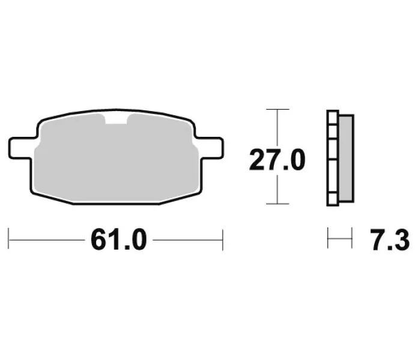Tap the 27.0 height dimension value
(x=278, y=160)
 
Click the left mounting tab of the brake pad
(x=20, y=146)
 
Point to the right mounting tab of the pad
(x=213, y=146)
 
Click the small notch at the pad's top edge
(x=117, y=119)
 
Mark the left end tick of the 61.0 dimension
(x=9, y=239)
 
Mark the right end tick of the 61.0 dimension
(x=223, y=239)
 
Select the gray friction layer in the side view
(x=346, y=157)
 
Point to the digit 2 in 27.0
(x=257, y=160)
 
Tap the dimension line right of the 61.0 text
(x=187, y=240)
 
